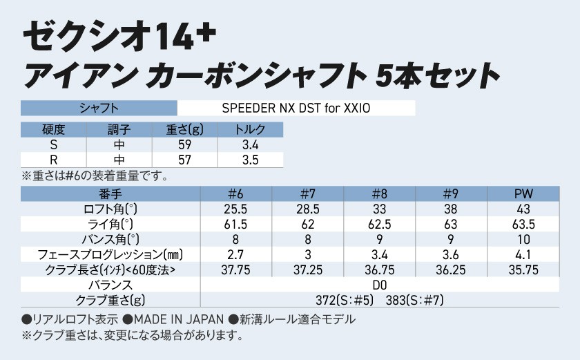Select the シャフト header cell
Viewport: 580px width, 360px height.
(99, 108)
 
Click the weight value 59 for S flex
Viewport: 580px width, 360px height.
(184, 146)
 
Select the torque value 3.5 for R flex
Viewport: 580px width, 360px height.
(251, 160)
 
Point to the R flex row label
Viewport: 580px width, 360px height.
(53, 160)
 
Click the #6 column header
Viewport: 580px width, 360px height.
(237, 193)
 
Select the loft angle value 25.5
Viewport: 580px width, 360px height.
(237, 209)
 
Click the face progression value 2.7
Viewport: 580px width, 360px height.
(237, 254)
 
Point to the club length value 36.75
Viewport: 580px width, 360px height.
(380, 269)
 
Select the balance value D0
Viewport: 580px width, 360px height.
(380, 285)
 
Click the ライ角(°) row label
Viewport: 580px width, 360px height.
(110, 224)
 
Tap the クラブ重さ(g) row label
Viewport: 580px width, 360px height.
(110, 300)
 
